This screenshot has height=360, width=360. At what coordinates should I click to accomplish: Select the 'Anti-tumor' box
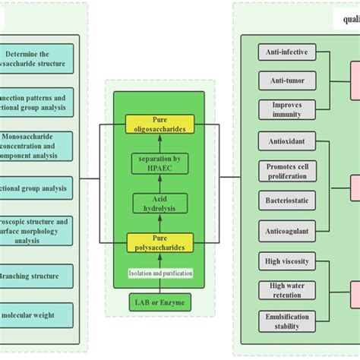point(283,81)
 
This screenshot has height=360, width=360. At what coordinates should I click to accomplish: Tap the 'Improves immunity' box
point(283,109)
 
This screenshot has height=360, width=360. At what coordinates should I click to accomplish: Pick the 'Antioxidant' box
point(283,142)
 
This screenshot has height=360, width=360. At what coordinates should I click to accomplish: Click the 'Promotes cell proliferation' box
point(283,171)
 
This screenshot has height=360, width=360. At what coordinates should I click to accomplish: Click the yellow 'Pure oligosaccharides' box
point(159,124)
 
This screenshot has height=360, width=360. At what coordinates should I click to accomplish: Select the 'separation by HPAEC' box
point(159,163)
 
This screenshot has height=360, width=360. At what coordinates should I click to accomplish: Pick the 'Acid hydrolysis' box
point(159,203)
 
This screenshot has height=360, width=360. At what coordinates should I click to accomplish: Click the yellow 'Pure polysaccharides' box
point(159,242)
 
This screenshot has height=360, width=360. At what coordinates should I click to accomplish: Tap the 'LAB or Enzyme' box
point(159,303)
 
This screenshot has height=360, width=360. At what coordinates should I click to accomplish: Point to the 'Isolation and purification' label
point(159,273)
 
